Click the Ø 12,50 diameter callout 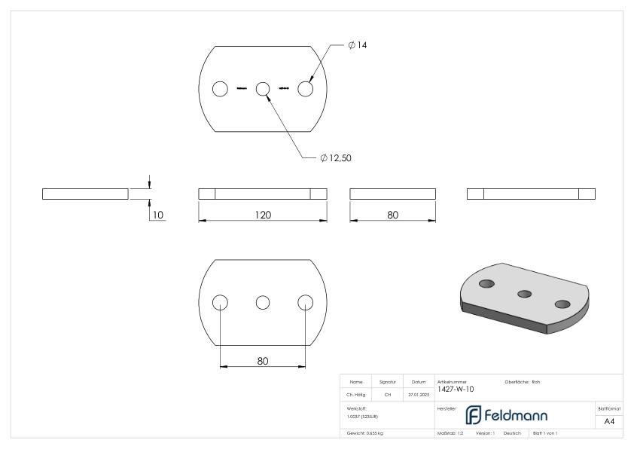[336, 158]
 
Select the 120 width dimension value [262, 215]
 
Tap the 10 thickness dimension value [158, 215]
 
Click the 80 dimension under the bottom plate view [262, 361]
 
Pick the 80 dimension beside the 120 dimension [392, 215]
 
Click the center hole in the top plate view [263, 89]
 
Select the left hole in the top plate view [220, 89]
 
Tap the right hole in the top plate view [305, 89]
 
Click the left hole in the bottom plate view [220, 302]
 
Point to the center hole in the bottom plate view [263, 302]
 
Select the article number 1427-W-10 [455, 389]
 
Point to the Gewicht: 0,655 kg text [364, 433]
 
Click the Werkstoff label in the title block [356, 407]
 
